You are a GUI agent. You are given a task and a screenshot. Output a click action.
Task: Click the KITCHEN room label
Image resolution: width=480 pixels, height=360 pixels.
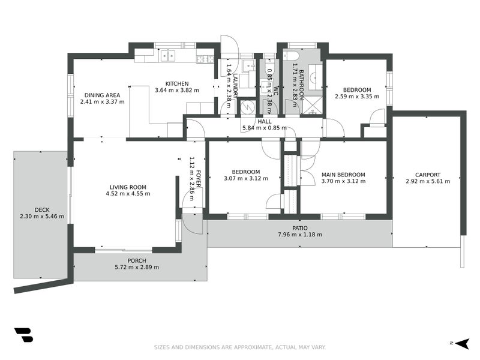(178, 83)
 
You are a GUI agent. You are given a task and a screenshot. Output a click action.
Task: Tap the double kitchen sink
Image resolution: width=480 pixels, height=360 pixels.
(168, 56)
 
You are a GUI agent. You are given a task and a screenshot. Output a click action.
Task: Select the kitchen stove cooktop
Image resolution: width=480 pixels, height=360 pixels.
(205, 59)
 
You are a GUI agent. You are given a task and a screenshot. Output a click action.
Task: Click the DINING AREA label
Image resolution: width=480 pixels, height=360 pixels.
(102, 95)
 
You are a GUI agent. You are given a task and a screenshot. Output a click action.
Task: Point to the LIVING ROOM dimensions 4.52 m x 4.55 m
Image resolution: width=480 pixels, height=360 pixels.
(128, 194)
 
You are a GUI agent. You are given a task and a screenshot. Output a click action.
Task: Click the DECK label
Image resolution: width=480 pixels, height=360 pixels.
(41, 209)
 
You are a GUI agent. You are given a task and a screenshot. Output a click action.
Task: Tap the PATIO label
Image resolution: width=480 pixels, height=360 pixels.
(300, 228)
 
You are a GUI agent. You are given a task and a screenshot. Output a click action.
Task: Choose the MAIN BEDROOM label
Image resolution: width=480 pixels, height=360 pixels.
(343, 175)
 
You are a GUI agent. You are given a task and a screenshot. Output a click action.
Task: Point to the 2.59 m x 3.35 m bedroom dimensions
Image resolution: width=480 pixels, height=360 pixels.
(358, 96)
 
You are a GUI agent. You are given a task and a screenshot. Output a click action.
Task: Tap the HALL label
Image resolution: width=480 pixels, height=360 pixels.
(265, 121)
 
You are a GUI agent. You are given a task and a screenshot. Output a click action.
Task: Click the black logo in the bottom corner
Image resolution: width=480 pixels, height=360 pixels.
(23, 335)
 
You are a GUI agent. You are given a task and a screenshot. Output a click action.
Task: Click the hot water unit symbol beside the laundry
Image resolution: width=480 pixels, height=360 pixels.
(247, 107)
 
